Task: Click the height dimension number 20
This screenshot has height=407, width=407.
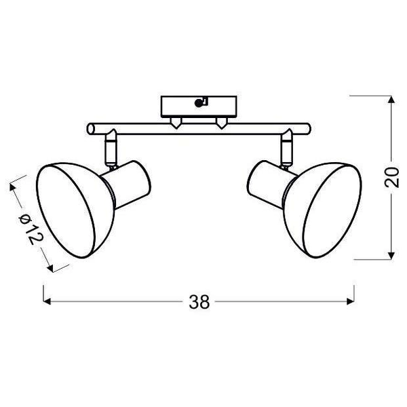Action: (390, 177)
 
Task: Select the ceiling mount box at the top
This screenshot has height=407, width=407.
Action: (198, 106)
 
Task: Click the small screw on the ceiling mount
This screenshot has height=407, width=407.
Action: (199, 104)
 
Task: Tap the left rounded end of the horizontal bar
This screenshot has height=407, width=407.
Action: (91, 128)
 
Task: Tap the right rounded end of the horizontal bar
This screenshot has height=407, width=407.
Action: (306, 128)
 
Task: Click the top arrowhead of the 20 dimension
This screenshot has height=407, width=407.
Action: (390, 100)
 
